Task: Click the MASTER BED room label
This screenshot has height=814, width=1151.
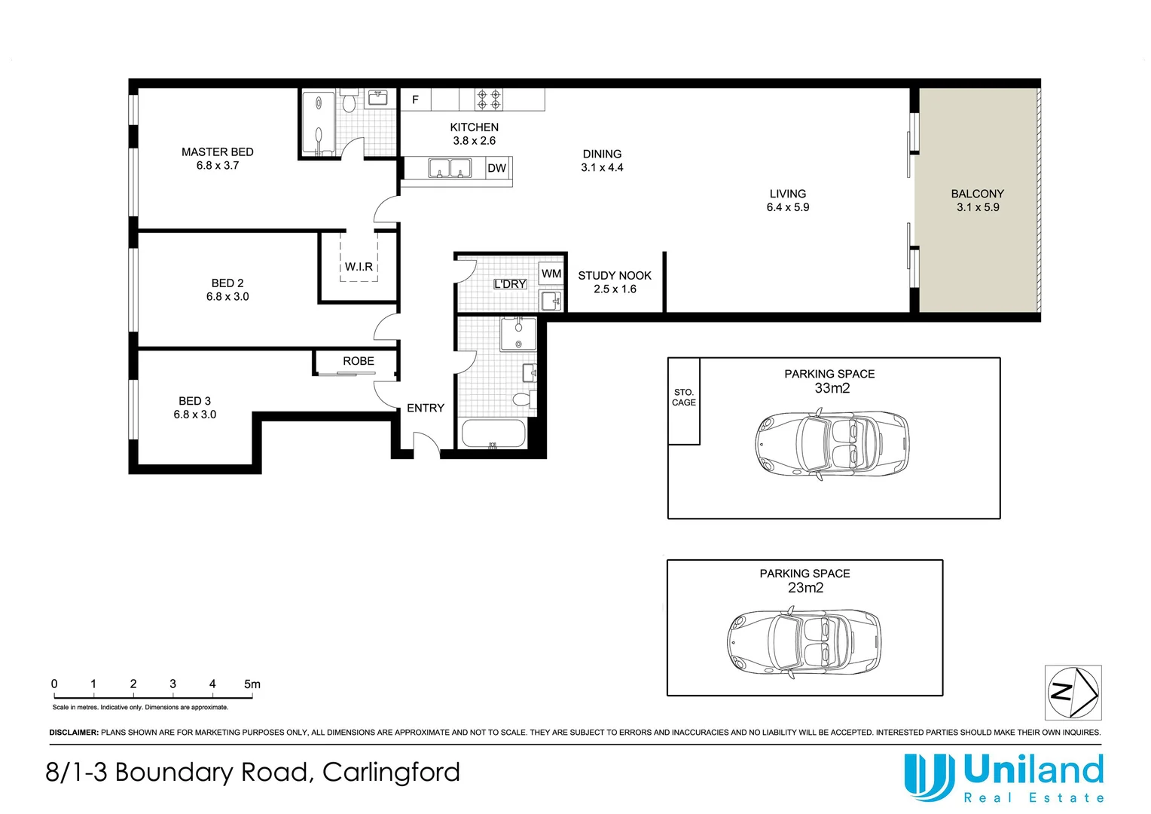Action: click(x=217, y=152)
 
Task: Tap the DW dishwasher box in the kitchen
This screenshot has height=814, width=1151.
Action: click(x=496, y=168)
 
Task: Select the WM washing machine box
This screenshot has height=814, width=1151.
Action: click(x=551, y=274)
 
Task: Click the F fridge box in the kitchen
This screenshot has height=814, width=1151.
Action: click(x=415, y=99)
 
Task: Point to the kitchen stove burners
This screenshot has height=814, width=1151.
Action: click(x=489, y=99)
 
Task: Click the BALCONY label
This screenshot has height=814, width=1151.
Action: click(x=977, y=194)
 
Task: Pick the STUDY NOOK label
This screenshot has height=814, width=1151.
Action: click(x=615, y=276)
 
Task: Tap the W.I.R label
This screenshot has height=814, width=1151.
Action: click(x=359, y=267)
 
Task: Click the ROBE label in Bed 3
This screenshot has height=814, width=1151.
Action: click(x=359, y=361)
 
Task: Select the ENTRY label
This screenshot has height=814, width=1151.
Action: click(x=426, y=408)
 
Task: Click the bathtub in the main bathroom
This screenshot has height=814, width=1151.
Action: click(x=493, y=434)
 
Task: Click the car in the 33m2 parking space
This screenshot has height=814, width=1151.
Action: click(x=832, y=444)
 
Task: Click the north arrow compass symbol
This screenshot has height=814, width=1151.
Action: click(x=1073, y=692)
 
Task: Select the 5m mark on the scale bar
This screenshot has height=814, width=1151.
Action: click(x=252, y=684)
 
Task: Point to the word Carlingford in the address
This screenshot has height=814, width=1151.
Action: click(x=391, y=772)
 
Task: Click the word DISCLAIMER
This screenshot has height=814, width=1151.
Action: click(x=74, y=733)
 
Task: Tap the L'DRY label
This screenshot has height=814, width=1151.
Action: click(x=510, y=284)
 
